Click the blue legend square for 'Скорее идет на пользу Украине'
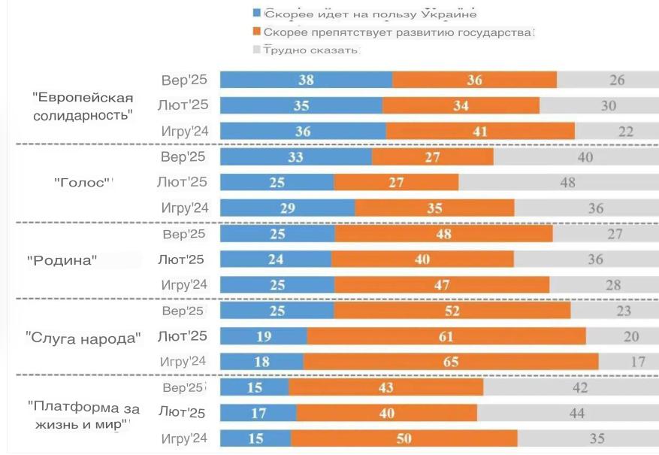pos(257,14)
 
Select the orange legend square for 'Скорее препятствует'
pos(257,32)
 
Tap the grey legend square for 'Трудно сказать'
pos(257,50)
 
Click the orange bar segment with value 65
pos(451,362)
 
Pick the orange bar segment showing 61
pos(446,336)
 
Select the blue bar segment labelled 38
pos(306,80)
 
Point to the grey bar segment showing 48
pos(567,182)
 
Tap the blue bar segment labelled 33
pos(296,157)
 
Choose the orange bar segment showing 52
pos(452,311)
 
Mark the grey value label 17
pos(638,362)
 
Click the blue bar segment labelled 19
pos(263,336)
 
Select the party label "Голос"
pos(83,182)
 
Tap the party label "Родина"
pos(63,260)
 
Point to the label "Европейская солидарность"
pos(83,106)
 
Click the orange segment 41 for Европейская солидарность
pos(480,132)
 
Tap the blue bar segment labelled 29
pos(287,208)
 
